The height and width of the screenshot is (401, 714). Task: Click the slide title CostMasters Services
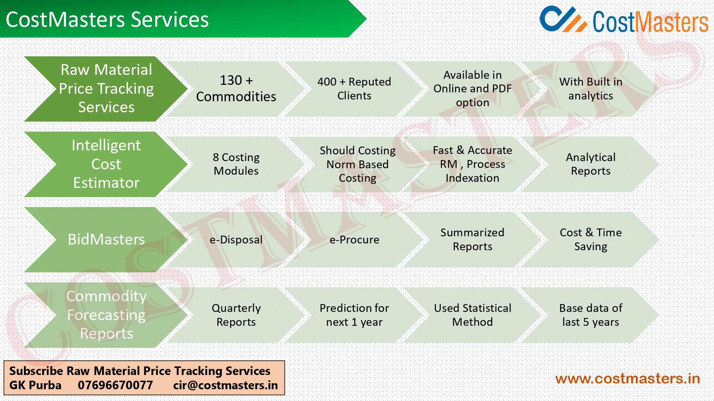107,20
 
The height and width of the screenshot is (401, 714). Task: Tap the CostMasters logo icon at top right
562,20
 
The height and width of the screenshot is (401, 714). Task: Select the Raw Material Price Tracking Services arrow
106,88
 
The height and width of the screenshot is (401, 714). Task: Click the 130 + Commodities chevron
236,88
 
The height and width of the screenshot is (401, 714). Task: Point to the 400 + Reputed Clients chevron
354,88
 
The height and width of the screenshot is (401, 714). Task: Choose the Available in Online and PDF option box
472,88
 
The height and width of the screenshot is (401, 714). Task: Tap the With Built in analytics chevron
590,88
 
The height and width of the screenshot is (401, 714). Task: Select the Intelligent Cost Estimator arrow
106,164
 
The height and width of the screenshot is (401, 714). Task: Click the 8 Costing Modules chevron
236,164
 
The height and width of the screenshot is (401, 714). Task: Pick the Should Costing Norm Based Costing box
357,164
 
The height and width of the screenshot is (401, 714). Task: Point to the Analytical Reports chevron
590,164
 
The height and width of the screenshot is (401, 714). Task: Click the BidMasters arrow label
106,240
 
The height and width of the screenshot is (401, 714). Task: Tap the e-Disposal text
236,240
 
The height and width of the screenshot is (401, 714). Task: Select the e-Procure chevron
354,240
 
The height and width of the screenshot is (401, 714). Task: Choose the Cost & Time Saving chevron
590,240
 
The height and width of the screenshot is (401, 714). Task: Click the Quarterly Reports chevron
236,315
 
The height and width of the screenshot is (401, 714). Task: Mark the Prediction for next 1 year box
354,315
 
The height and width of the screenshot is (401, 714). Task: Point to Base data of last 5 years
590,315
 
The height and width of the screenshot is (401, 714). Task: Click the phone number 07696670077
115,385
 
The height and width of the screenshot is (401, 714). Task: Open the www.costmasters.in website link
627,379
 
